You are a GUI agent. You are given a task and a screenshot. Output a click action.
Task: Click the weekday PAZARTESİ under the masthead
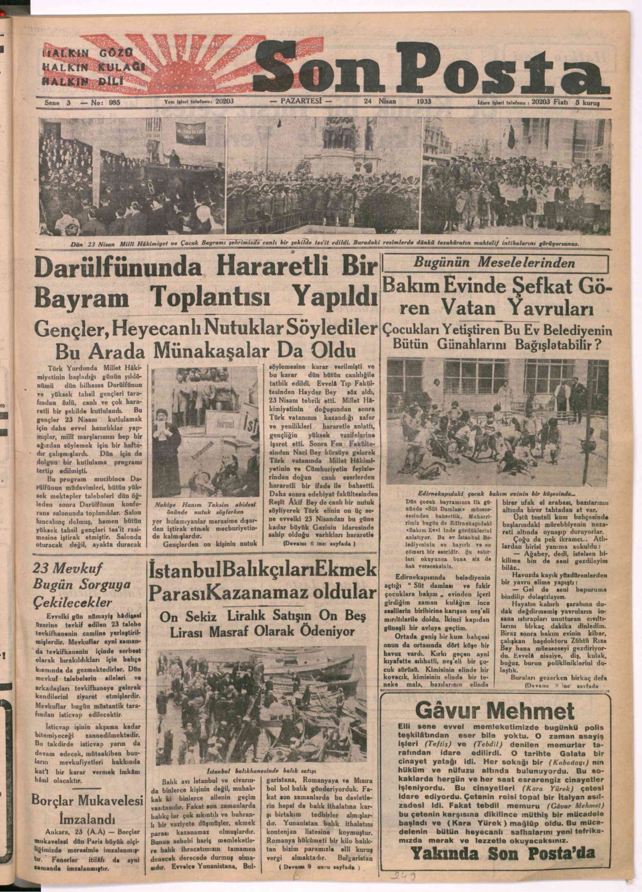click(x=301, y=101)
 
